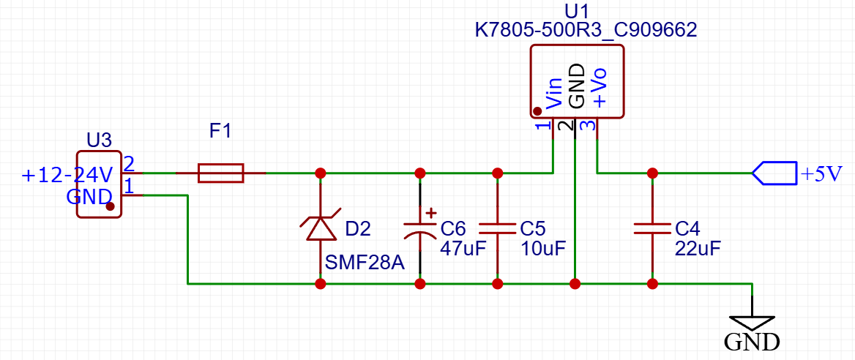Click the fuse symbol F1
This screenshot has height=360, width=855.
[x=220, y=173]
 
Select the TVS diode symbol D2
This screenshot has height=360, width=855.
[x=321, y=228]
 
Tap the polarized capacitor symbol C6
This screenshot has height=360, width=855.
[x=420, y=228]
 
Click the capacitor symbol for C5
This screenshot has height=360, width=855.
[x=497, y=228]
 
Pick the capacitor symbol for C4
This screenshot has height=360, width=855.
[x=651, y=228]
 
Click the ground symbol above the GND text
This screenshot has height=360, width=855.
[x=752, y=322]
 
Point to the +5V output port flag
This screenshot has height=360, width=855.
[x=774, y=173]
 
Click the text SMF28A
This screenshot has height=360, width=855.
[x=364, y=262]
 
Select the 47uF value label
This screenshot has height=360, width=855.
[x=463, y=248]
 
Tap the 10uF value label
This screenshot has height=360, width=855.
[x=542, y=248]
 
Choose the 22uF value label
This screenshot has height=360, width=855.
[x=697, y=248]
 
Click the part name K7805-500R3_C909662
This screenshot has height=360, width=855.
[x=586, y=30]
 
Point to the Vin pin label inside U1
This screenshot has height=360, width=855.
[x=554, y=93]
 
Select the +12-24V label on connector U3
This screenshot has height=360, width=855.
[x=67, y=176]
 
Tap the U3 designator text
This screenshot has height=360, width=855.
[x=100, y=139]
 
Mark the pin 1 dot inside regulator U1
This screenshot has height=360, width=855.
[x=537, y=111]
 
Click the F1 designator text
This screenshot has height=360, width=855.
[x=220, y=132]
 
